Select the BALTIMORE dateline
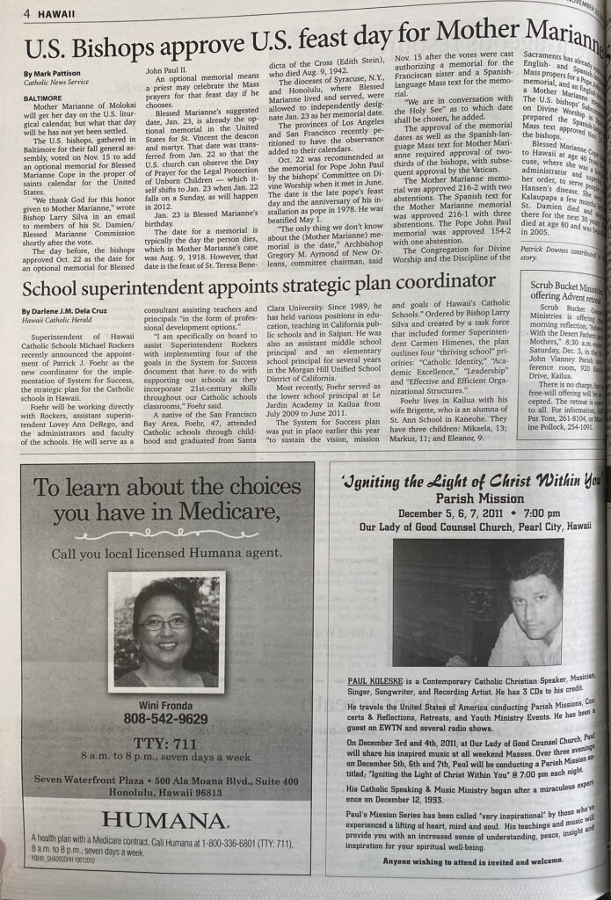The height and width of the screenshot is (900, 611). tap(44, 99)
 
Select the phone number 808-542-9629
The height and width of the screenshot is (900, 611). tap(166, 718)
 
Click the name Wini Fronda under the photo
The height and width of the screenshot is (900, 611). tap(165, 703)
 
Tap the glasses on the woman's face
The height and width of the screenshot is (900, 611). tap(164, 623)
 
